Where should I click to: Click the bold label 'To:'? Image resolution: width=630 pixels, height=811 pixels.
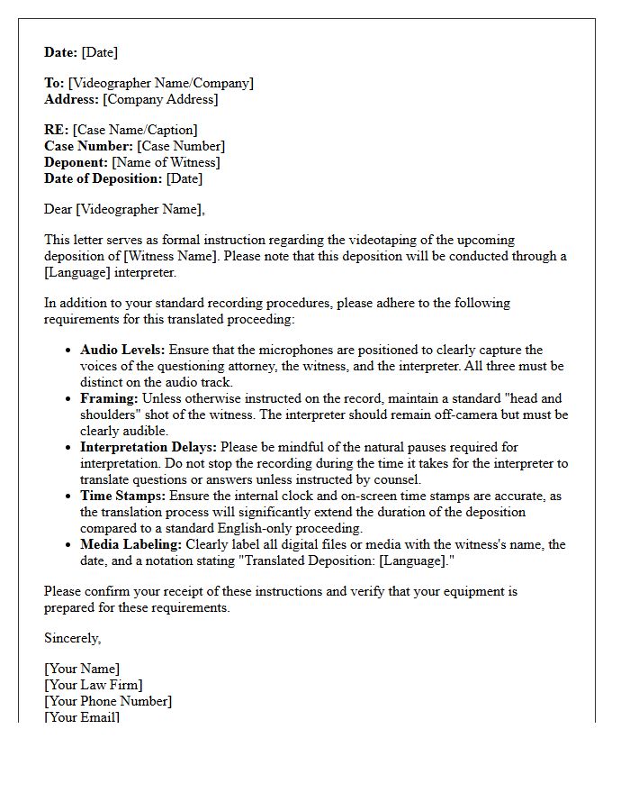[54, 83]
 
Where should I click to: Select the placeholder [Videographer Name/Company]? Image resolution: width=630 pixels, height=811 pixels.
[161, 83]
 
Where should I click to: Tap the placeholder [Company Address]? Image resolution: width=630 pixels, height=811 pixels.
[161, 99]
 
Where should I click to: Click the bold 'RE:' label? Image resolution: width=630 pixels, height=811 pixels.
[57, 130]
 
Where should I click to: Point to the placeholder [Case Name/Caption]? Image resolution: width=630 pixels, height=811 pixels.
[135, 130]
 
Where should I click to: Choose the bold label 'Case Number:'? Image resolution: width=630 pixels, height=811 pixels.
[88, 146]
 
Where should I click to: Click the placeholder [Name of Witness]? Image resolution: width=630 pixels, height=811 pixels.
[166, 162]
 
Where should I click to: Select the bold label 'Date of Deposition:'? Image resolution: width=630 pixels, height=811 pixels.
[103, 178]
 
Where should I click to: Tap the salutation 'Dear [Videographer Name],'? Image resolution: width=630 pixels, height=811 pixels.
[124, 209]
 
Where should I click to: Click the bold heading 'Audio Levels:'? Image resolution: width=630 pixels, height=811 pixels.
[122, 350]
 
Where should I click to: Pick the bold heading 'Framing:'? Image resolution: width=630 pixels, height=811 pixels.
[109, 398]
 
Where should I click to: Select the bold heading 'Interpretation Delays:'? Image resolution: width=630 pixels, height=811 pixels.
[148, 447]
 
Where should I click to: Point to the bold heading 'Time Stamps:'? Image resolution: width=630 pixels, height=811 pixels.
[121, 496]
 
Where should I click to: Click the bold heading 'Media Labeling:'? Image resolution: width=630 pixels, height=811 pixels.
[130, 544]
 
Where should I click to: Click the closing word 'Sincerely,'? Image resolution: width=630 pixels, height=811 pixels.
[73, 638]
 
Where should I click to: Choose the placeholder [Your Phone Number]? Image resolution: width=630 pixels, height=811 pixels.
[108, 701]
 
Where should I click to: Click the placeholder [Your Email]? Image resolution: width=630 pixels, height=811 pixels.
[82, 717]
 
